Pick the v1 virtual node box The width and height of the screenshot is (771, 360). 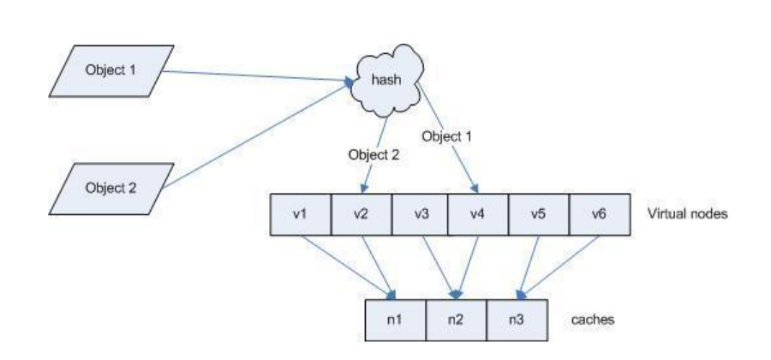click(301, 214)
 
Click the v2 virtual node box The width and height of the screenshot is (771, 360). click(361, 214)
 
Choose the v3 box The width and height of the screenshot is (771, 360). click(421, 214)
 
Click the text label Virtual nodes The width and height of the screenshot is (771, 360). click(687, 214)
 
